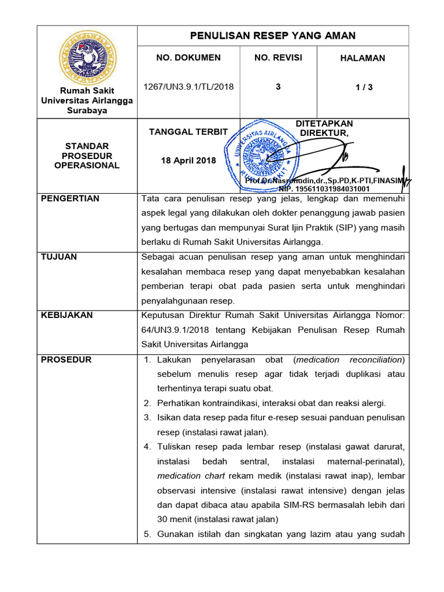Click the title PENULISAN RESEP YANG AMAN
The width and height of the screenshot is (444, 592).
(x=273, y=36)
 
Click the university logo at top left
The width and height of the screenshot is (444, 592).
(x=87, y=58)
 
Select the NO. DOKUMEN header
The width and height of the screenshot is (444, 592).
(x=188, y=58)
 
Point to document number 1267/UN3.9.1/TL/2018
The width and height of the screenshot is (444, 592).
(x=188, y=87)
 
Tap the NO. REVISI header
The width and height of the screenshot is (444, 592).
(x=278, y=58)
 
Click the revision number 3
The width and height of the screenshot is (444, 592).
(x=278, y=87)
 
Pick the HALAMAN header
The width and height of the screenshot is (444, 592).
(x=362, y=58)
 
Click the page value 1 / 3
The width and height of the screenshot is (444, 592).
(x=364, y=87)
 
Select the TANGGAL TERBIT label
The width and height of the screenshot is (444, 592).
(x=188, y=132)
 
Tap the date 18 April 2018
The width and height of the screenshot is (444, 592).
(x=188, y=160)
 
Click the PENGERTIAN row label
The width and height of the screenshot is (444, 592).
(x=71, y=198)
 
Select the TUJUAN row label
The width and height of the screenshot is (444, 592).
(x=59, y=257)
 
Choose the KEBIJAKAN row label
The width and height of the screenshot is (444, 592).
(x=67, y=315)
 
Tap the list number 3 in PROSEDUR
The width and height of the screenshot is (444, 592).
(x=147, y=417)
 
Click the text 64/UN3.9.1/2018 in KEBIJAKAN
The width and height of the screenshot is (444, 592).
(x=174, y=330)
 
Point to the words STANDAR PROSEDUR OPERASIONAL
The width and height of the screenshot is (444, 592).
(x=87, y=156)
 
